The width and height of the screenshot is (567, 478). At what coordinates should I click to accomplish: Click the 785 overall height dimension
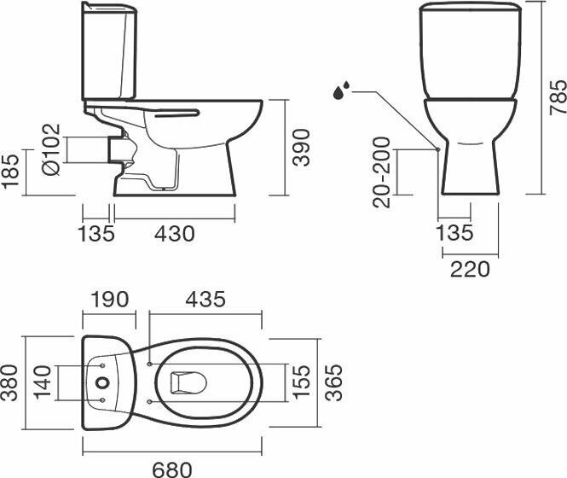tap(557, 97)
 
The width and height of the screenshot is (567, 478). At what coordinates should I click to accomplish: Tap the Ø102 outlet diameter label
tap(51, 151)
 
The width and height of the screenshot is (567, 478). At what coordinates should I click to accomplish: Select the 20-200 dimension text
tap(382, 172)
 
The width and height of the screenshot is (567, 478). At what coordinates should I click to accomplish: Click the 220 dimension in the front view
tap(471, 270)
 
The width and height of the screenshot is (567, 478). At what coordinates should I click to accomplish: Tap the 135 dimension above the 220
tap(454, 233)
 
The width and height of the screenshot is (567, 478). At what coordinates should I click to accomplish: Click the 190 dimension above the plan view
tap(109, 300)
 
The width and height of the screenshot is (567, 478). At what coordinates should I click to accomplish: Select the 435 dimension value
tap(205, 300)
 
